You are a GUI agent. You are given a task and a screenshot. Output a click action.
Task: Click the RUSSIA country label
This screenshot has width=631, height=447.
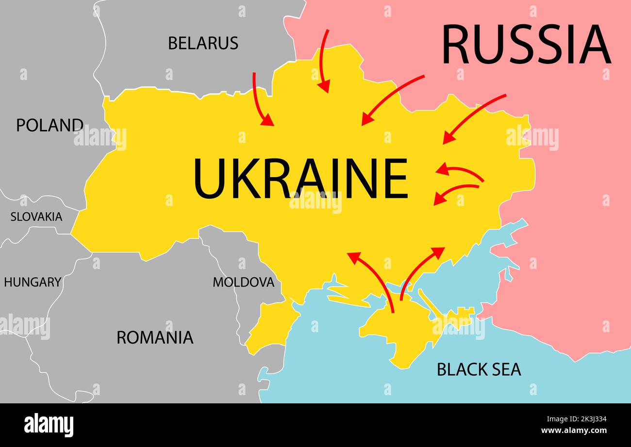coord(526,45)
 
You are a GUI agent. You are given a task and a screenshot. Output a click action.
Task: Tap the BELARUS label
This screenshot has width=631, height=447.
coord(203,43)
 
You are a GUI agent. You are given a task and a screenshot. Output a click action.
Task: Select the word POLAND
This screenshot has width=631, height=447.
coord(50,125)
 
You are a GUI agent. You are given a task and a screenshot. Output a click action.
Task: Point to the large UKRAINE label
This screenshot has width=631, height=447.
coord(300,178)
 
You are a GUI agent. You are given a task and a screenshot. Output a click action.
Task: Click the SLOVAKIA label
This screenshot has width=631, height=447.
coord(36,217)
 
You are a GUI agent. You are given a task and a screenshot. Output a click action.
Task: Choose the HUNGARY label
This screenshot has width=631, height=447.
coord(33,282)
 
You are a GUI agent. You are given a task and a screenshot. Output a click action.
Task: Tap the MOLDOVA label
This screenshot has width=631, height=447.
coord(243,282)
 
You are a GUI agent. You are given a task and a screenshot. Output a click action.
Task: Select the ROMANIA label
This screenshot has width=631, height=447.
coord(155,337)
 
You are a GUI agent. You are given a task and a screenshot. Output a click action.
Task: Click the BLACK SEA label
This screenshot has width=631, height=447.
coord(479,369)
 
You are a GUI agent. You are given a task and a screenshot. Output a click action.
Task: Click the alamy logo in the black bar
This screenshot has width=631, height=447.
coord(49,425)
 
